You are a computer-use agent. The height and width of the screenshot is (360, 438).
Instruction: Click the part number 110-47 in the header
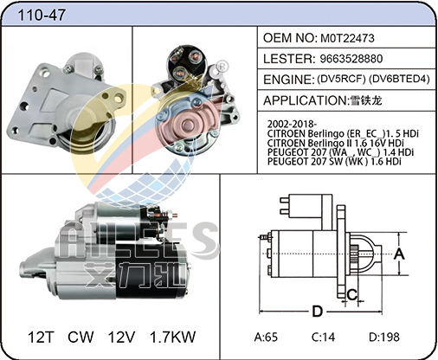pos(42,15)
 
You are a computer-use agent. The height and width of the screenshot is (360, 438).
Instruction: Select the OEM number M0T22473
pos(347,38)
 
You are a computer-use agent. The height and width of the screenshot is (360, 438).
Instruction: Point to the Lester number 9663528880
pos(351,59)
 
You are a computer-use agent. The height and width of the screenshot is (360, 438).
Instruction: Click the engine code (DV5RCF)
pos(341,79)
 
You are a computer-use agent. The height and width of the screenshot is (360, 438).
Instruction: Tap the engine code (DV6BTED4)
pos(400,79)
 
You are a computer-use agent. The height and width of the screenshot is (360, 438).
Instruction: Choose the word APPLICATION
pos(305,100)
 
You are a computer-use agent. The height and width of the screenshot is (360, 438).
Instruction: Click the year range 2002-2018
pos(292,124)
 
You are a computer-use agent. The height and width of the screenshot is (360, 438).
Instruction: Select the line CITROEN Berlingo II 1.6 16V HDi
pos(335,143)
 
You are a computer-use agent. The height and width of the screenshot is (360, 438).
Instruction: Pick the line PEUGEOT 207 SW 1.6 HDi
pos(334,162)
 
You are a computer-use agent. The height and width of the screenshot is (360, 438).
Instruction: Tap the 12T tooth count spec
pos(41,337)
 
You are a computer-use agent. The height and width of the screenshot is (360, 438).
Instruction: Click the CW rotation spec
pos(81,337)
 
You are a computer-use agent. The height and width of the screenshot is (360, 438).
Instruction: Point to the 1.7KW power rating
pos(173,337)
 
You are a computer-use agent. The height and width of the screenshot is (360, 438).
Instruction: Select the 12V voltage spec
pos(121,337)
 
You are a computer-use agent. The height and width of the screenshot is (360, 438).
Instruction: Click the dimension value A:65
pos(266,337)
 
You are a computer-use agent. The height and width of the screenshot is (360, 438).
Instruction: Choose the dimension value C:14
pos(323,337)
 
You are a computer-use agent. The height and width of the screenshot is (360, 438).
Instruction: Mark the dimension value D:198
pos(384,337)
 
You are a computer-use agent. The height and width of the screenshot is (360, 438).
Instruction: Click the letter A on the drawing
pos(399,254)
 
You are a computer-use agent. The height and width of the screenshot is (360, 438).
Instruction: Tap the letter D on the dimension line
pos(318,312)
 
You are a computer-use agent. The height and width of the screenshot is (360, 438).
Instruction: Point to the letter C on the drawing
pos(352,294)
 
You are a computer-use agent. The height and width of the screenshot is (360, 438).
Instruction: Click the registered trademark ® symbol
pos(222,66)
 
